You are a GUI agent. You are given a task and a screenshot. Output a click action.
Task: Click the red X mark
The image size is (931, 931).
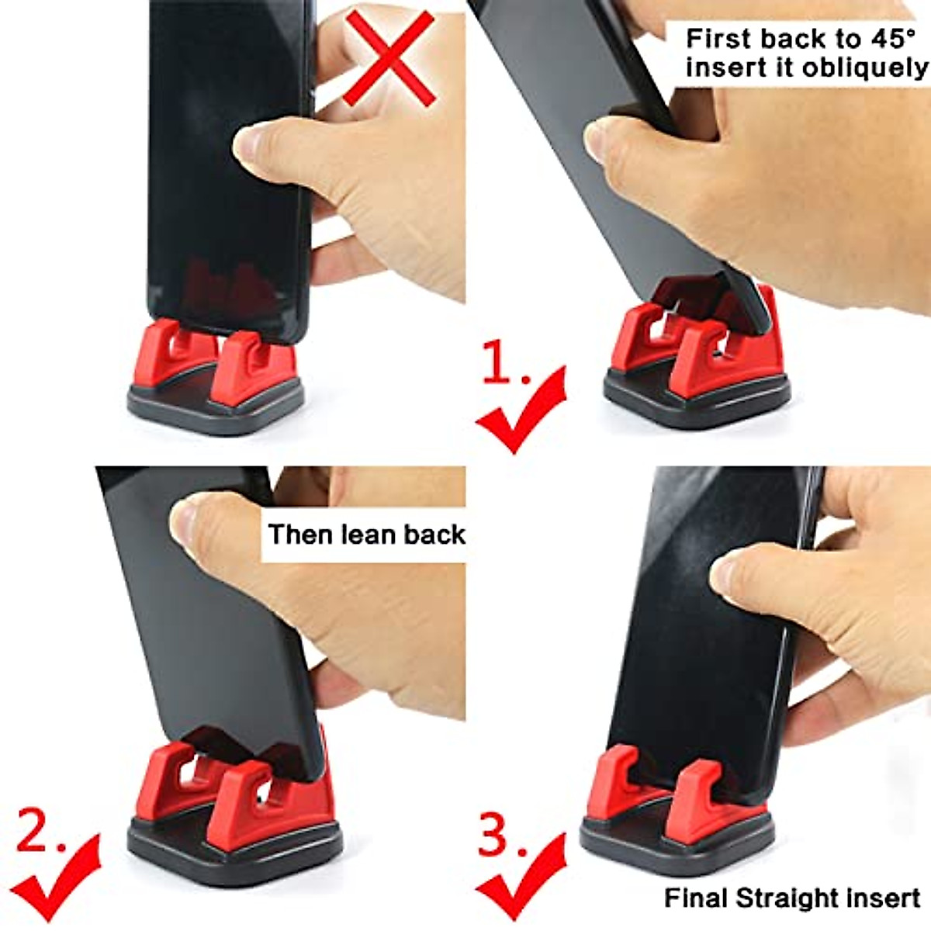click(390, 58)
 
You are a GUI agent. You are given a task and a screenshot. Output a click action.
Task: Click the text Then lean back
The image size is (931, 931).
click(366, 535)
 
